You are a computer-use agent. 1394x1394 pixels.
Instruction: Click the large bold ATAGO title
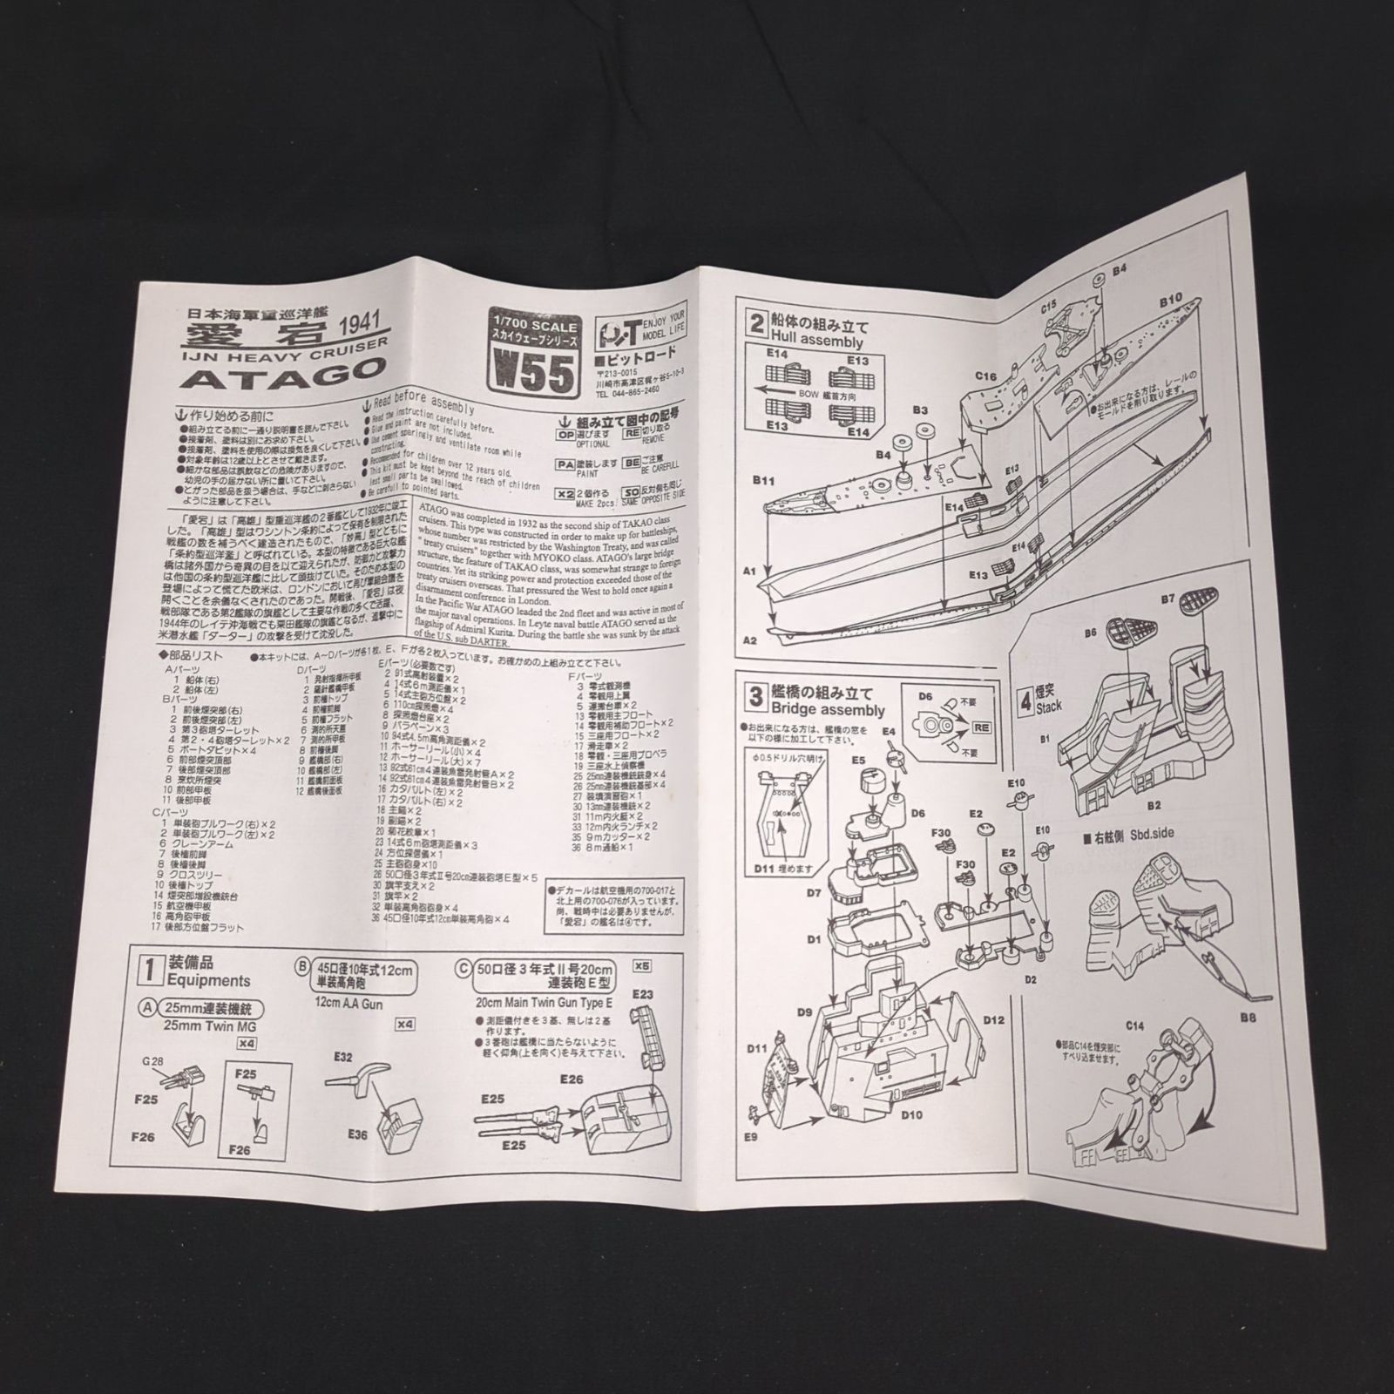point(285,377)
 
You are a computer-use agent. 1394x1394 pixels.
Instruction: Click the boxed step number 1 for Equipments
point(150,967)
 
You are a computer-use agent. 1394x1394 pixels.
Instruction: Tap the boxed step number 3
point(755,697)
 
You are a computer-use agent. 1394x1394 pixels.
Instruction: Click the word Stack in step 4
point(1049,707)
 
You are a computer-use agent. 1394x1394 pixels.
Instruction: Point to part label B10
point(1169,300)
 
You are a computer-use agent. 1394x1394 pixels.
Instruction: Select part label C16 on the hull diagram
point(985,376)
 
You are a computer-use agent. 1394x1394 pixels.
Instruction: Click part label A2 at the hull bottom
point(750,640)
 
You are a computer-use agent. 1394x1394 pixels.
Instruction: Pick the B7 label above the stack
point(1168,599)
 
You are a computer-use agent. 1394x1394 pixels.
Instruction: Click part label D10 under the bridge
point(912,1114)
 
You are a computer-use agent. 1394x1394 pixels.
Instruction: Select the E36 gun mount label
point(357,1134)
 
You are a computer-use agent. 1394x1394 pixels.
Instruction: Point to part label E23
point(642,994)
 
